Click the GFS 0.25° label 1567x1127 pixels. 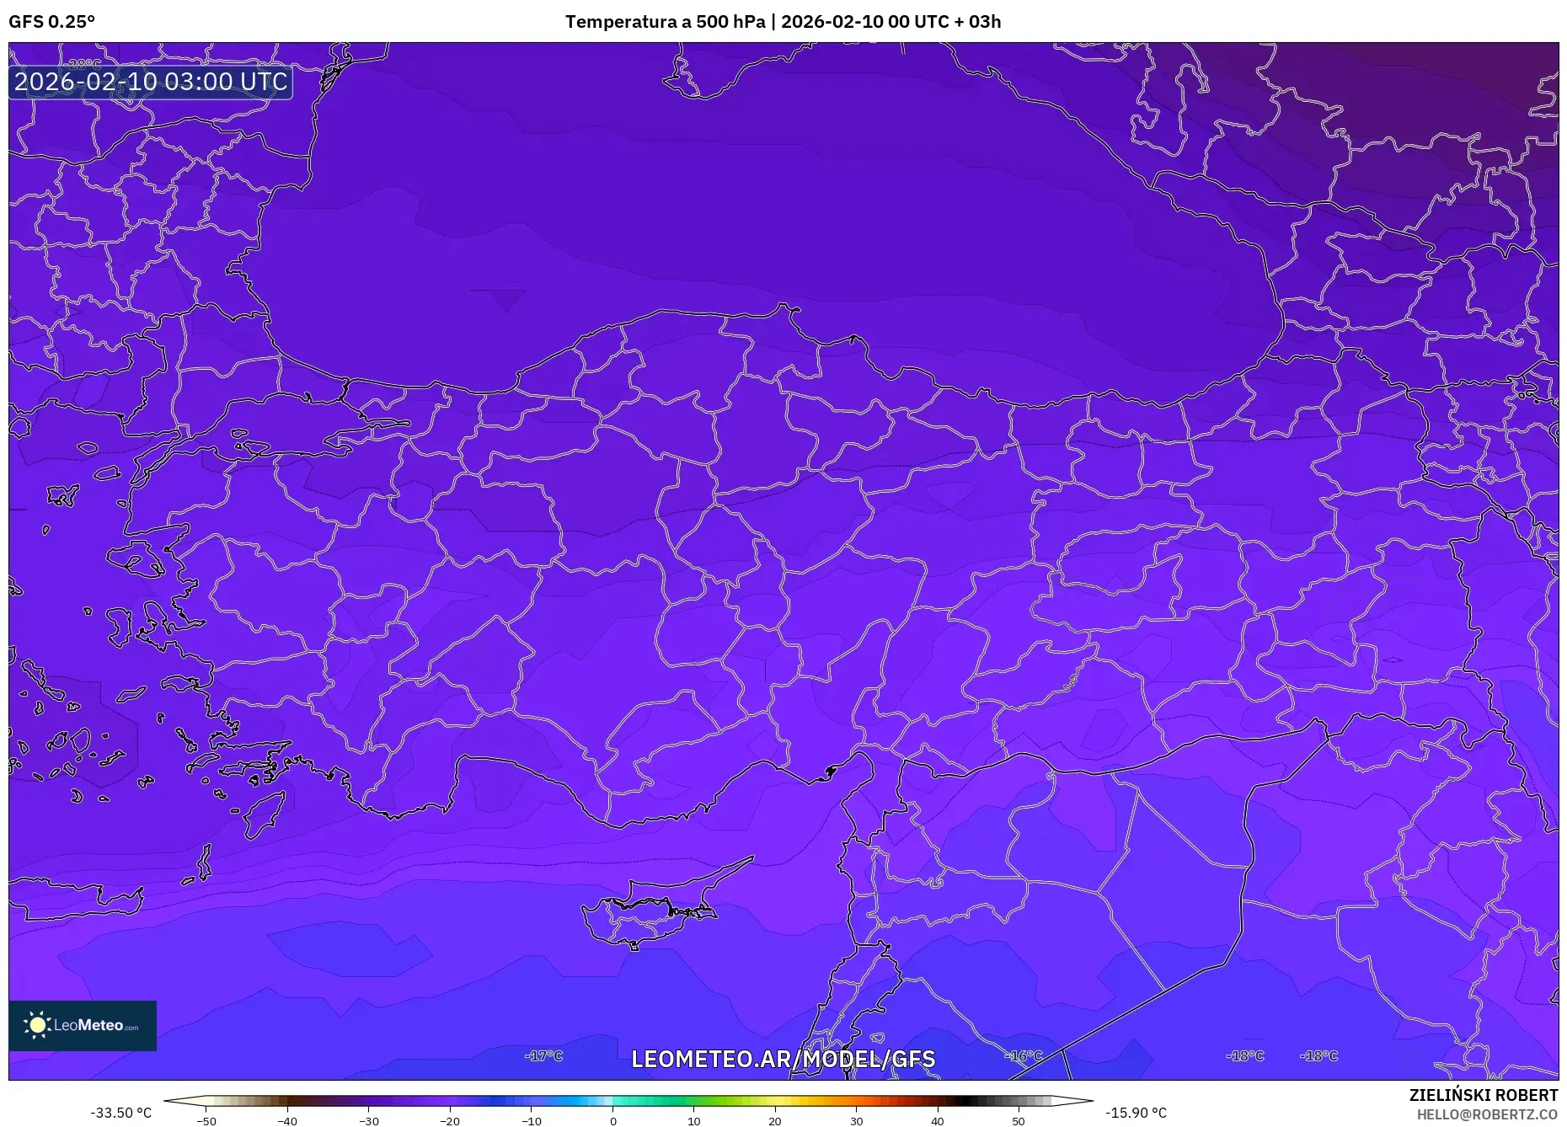click(51, 22)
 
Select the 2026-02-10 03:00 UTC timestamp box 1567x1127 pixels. click(151, 82)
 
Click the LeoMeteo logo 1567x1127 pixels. click(83, 1025)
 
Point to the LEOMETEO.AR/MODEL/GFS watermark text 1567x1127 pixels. click(783, 1059)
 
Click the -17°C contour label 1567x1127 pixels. click(543, 1055)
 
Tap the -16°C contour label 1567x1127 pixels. click(1024, 1055)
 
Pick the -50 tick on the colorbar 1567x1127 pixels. click(206, 1120)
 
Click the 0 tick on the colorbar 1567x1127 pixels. click(613, 1120)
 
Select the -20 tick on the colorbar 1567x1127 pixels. click(450, 1120)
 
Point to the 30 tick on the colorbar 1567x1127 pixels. click(856, 1120)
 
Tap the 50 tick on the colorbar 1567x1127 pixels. click(1019, 1120)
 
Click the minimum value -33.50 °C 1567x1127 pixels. click(121, 1113)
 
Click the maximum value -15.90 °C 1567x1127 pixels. click(1136, 1113)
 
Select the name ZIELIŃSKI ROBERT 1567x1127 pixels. click(1483, 1095)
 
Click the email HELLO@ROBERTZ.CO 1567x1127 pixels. click(1487, 1114)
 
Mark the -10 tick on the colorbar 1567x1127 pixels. click(532, 1120)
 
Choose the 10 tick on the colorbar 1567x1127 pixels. click(693, 1120)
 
